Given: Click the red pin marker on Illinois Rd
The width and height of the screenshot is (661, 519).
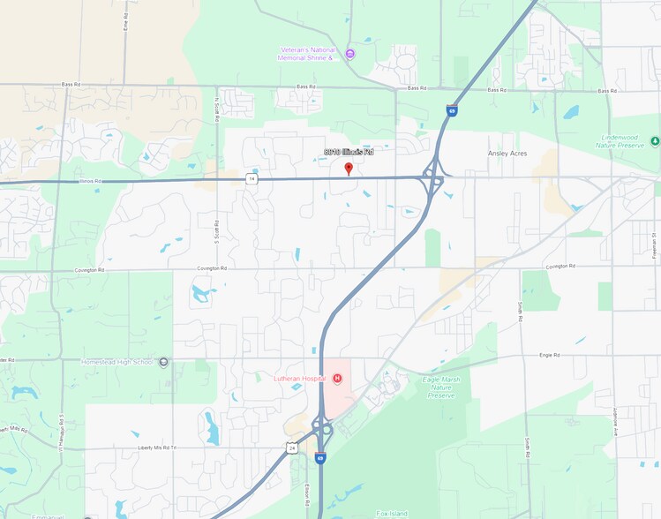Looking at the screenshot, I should click(x=349, y=168).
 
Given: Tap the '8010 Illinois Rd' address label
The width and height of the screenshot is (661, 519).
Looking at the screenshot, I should click(x=349, y=152).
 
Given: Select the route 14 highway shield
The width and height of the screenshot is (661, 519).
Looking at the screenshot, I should click(x=252, y=179).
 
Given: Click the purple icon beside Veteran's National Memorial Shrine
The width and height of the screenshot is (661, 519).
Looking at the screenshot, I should click(x=350, y=54).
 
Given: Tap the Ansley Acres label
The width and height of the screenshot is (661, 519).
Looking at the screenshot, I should click(x=507, y=153).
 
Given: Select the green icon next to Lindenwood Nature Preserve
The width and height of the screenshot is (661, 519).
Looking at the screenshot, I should click(x=655, y=140).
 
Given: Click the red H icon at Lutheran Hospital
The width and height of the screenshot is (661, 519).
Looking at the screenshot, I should click(x=336, y=379).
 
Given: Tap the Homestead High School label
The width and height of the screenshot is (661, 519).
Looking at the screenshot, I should click(x=117, y=362).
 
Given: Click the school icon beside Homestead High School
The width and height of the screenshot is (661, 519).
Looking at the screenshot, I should click(x=163, y=362).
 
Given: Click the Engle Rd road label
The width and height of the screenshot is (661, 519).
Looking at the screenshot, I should click(x=549, y=355).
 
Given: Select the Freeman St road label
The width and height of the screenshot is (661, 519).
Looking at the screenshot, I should click(x=656, y=239).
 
